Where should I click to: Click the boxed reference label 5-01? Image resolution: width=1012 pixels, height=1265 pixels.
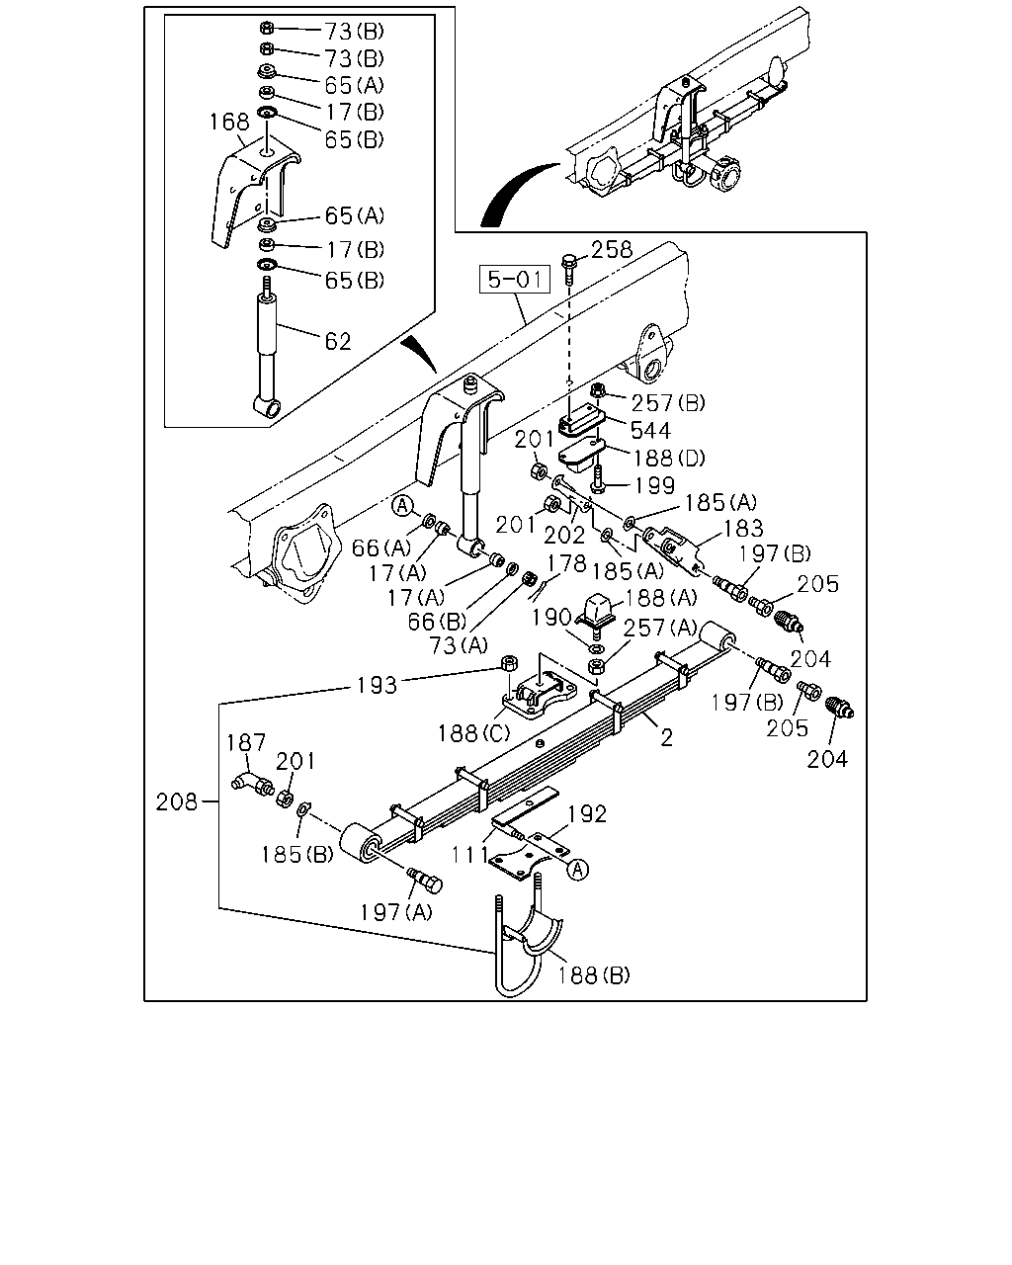point(515,280)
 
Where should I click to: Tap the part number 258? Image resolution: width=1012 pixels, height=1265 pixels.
point(612,250)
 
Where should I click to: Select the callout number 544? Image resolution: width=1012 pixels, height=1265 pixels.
point(650,430)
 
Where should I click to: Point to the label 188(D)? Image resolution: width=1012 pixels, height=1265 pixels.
point(669,458)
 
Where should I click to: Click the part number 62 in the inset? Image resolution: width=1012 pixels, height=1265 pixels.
point(338,341)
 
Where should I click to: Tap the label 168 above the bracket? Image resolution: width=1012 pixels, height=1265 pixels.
point(230,122)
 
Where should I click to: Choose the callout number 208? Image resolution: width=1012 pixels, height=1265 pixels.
point(177,801)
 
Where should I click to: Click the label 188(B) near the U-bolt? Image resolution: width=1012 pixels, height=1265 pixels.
point(593,975)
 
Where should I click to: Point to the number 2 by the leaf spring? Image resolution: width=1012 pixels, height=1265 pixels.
point(666,737)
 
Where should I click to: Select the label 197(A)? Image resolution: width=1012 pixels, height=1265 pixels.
point(395,912)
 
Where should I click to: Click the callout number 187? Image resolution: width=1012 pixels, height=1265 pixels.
point(246,742)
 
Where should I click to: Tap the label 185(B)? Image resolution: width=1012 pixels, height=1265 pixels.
point(296,855)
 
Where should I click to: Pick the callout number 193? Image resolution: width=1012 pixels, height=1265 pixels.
point(377,685)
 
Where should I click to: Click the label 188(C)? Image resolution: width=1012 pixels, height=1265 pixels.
point(474,733)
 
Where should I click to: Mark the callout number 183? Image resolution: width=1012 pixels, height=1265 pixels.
point(743,529)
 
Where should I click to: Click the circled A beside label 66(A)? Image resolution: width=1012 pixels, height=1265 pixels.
point(402,506)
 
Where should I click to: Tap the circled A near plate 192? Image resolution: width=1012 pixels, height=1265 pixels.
point(578,869)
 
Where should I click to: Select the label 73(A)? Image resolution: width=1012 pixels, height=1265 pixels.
point(459,645)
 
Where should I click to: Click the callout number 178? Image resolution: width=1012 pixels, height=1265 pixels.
point(566,563)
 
